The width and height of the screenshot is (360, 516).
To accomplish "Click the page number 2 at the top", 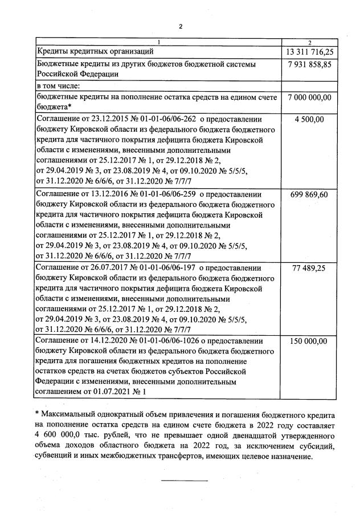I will point(180,26).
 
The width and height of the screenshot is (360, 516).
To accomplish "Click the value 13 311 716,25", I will point(309,52).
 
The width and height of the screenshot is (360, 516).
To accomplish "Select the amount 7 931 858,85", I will point(309,64).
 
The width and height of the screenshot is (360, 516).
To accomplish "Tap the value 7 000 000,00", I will point(309,97).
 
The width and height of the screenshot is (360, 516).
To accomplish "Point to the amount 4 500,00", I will point(309,119).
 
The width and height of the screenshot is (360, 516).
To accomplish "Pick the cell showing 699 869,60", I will point(309,194).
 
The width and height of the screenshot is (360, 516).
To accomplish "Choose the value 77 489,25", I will point(309,267).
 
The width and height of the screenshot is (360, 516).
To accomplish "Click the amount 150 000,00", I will point(309,341).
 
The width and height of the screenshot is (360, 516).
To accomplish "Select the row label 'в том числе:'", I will point(58,86).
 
